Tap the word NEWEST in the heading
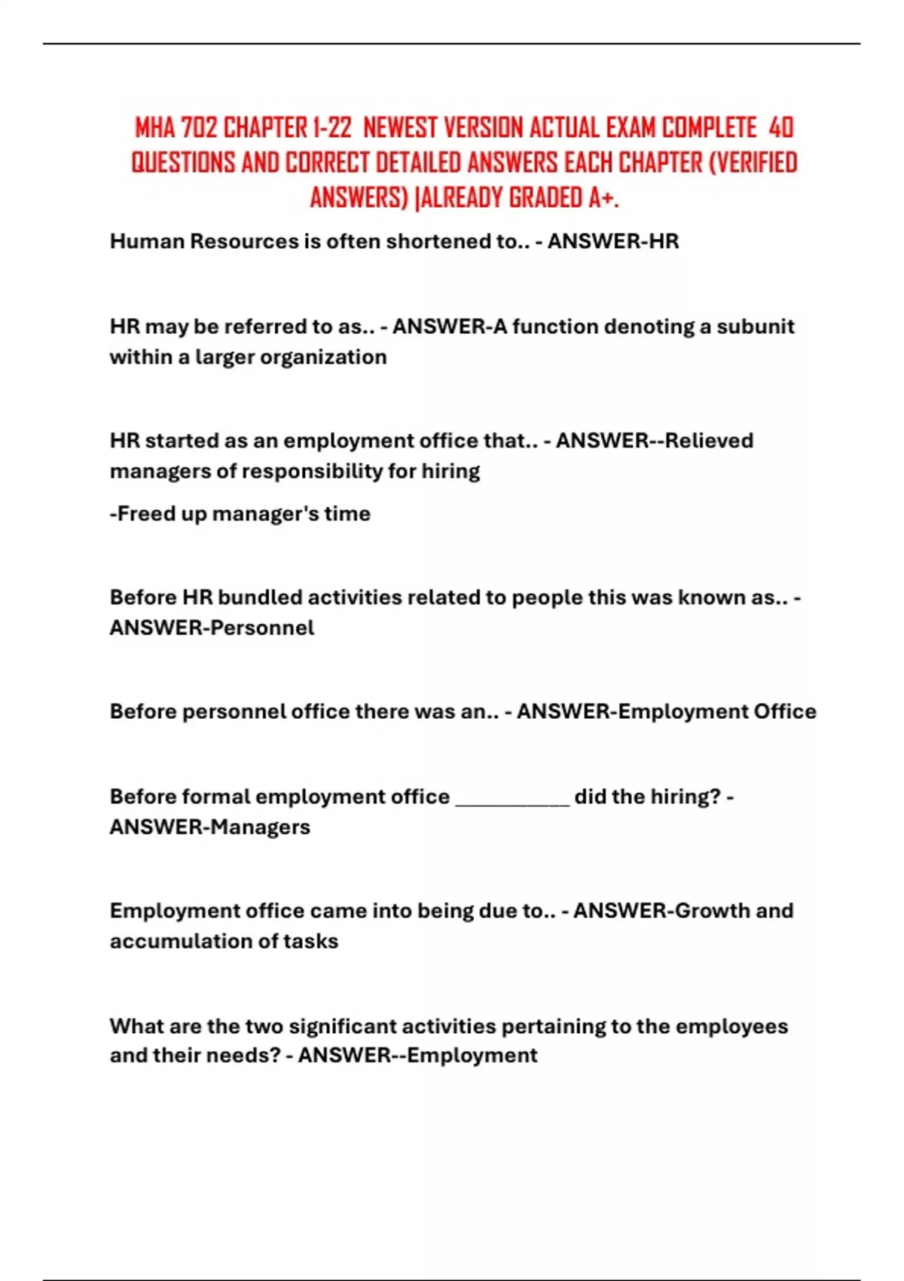400,128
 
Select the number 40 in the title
781,128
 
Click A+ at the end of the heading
603,197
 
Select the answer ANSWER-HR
612,241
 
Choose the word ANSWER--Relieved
654,440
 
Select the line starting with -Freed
240,514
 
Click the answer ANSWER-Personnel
212,628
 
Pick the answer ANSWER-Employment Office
666,711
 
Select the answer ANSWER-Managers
209,827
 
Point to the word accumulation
182,941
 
